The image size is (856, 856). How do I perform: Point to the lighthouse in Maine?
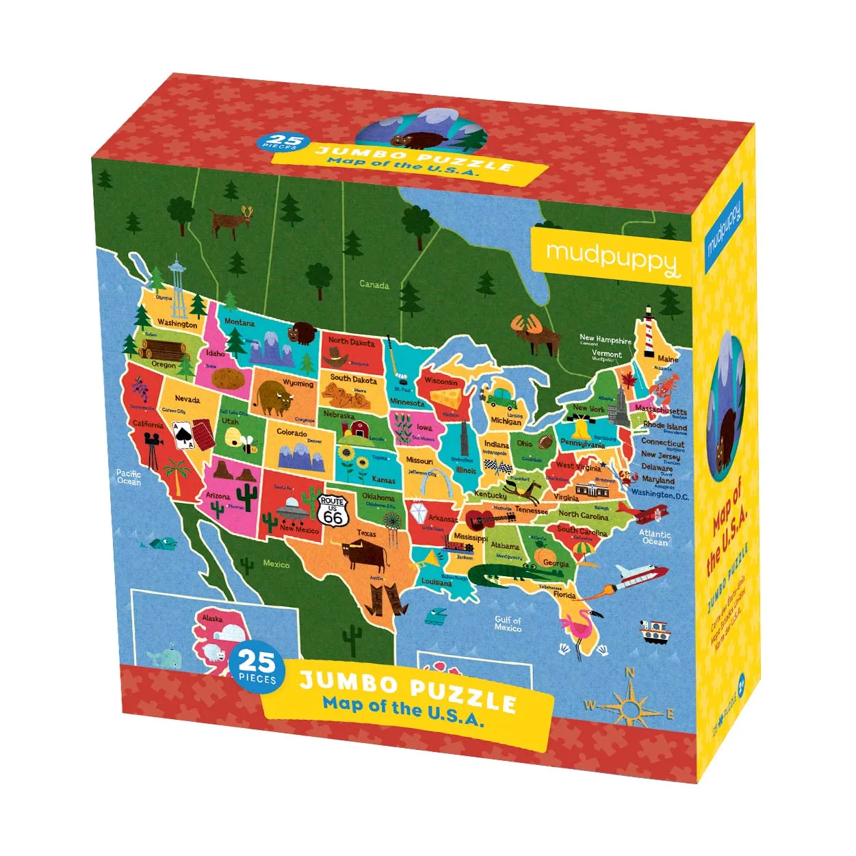[x=647, y=333]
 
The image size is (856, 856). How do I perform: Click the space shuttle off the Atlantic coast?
[x=636, y=575]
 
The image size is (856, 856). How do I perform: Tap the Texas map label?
[x=366, y=534]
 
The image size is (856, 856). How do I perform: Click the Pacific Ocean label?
[x=129, y=477]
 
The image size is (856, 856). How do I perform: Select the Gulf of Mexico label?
[x=508, y=623]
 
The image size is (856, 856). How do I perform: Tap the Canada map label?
[x=374, y=285]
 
